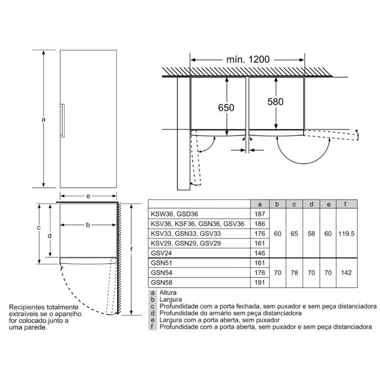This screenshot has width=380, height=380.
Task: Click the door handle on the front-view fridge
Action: [61, 120]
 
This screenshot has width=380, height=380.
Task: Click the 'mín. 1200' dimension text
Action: [246, 59]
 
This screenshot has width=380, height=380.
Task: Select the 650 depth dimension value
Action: [227, 108]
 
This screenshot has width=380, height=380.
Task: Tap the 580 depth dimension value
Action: [275, 102]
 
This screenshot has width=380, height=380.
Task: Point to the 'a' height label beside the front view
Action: [43, 120]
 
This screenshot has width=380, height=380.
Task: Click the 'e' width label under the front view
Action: [88, 196]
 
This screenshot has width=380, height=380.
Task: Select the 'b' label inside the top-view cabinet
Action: [88, 225]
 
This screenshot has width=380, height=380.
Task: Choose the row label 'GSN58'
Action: [161, 283]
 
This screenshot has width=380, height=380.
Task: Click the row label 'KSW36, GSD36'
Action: [174, 214]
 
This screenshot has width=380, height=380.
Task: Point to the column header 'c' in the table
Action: [294, 204]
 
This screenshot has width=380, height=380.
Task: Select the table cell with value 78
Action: [294, 273]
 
